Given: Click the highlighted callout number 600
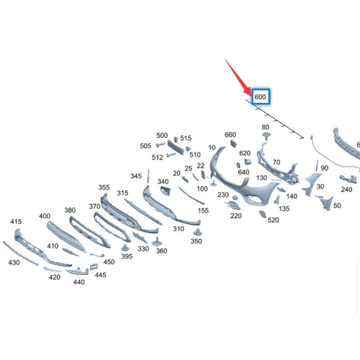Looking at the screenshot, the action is (x=260, y=97).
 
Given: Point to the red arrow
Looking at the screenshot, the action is (x=238, y=77).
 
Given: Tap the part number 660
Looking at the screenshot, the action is (x=230, y=135).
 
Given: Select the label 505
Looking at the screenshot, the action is (x=145, y=146).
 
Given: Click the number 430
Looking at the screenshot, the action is (x=14, y=262).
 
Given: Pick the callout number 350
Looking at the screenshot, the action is (x=196, y=241).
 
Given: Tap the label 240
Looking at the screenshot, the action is (x=346, y=189).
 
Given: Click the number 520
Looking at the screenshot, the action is (x=273, y=220).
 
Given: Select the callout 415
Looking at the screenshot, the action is (x=16, y=221).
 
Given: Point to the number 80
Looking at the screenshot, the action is (x=265, y=127).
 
